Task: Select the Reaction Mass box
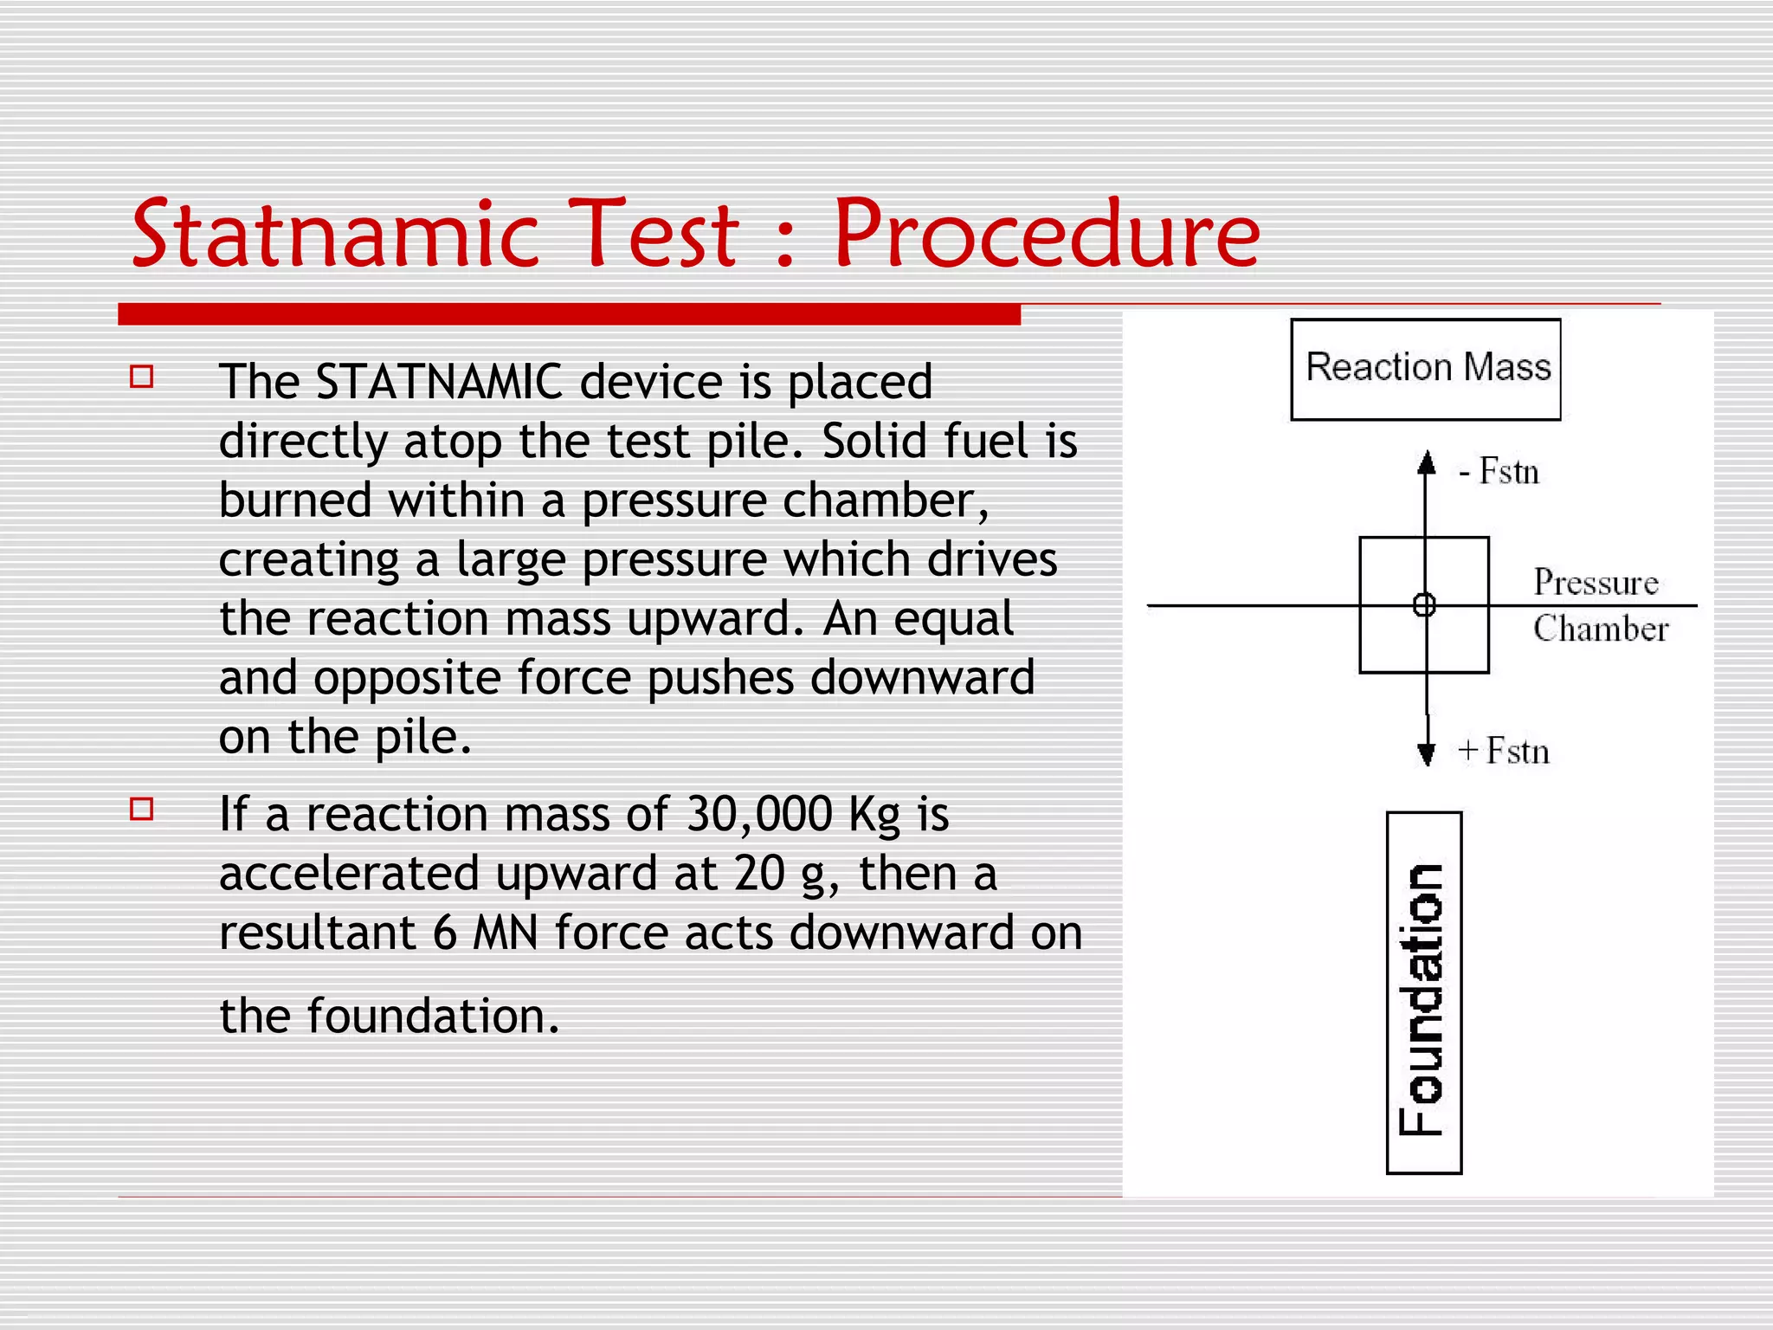pos(1425,370)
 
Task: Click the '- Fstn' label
pos(1499,473)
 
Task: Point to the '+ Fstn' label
pos(1504,751)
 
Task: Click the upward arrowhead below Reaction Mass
pos(1426,463)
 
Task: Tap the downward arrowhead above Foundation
pos(1426,754)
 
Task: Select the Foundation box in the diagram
pos(1424,993)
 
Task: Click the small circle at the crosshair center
pos(1424,604)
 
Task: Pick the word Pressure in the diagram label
pos(1596,583)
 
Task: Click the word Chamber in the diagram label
pos(1601,629)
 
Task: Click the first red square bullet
pos(141,377)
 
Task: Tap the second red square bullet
pos(141,809)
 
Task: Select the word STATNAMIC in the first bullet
pos(440,382)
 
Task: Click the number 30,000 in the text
pos(759,815)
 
